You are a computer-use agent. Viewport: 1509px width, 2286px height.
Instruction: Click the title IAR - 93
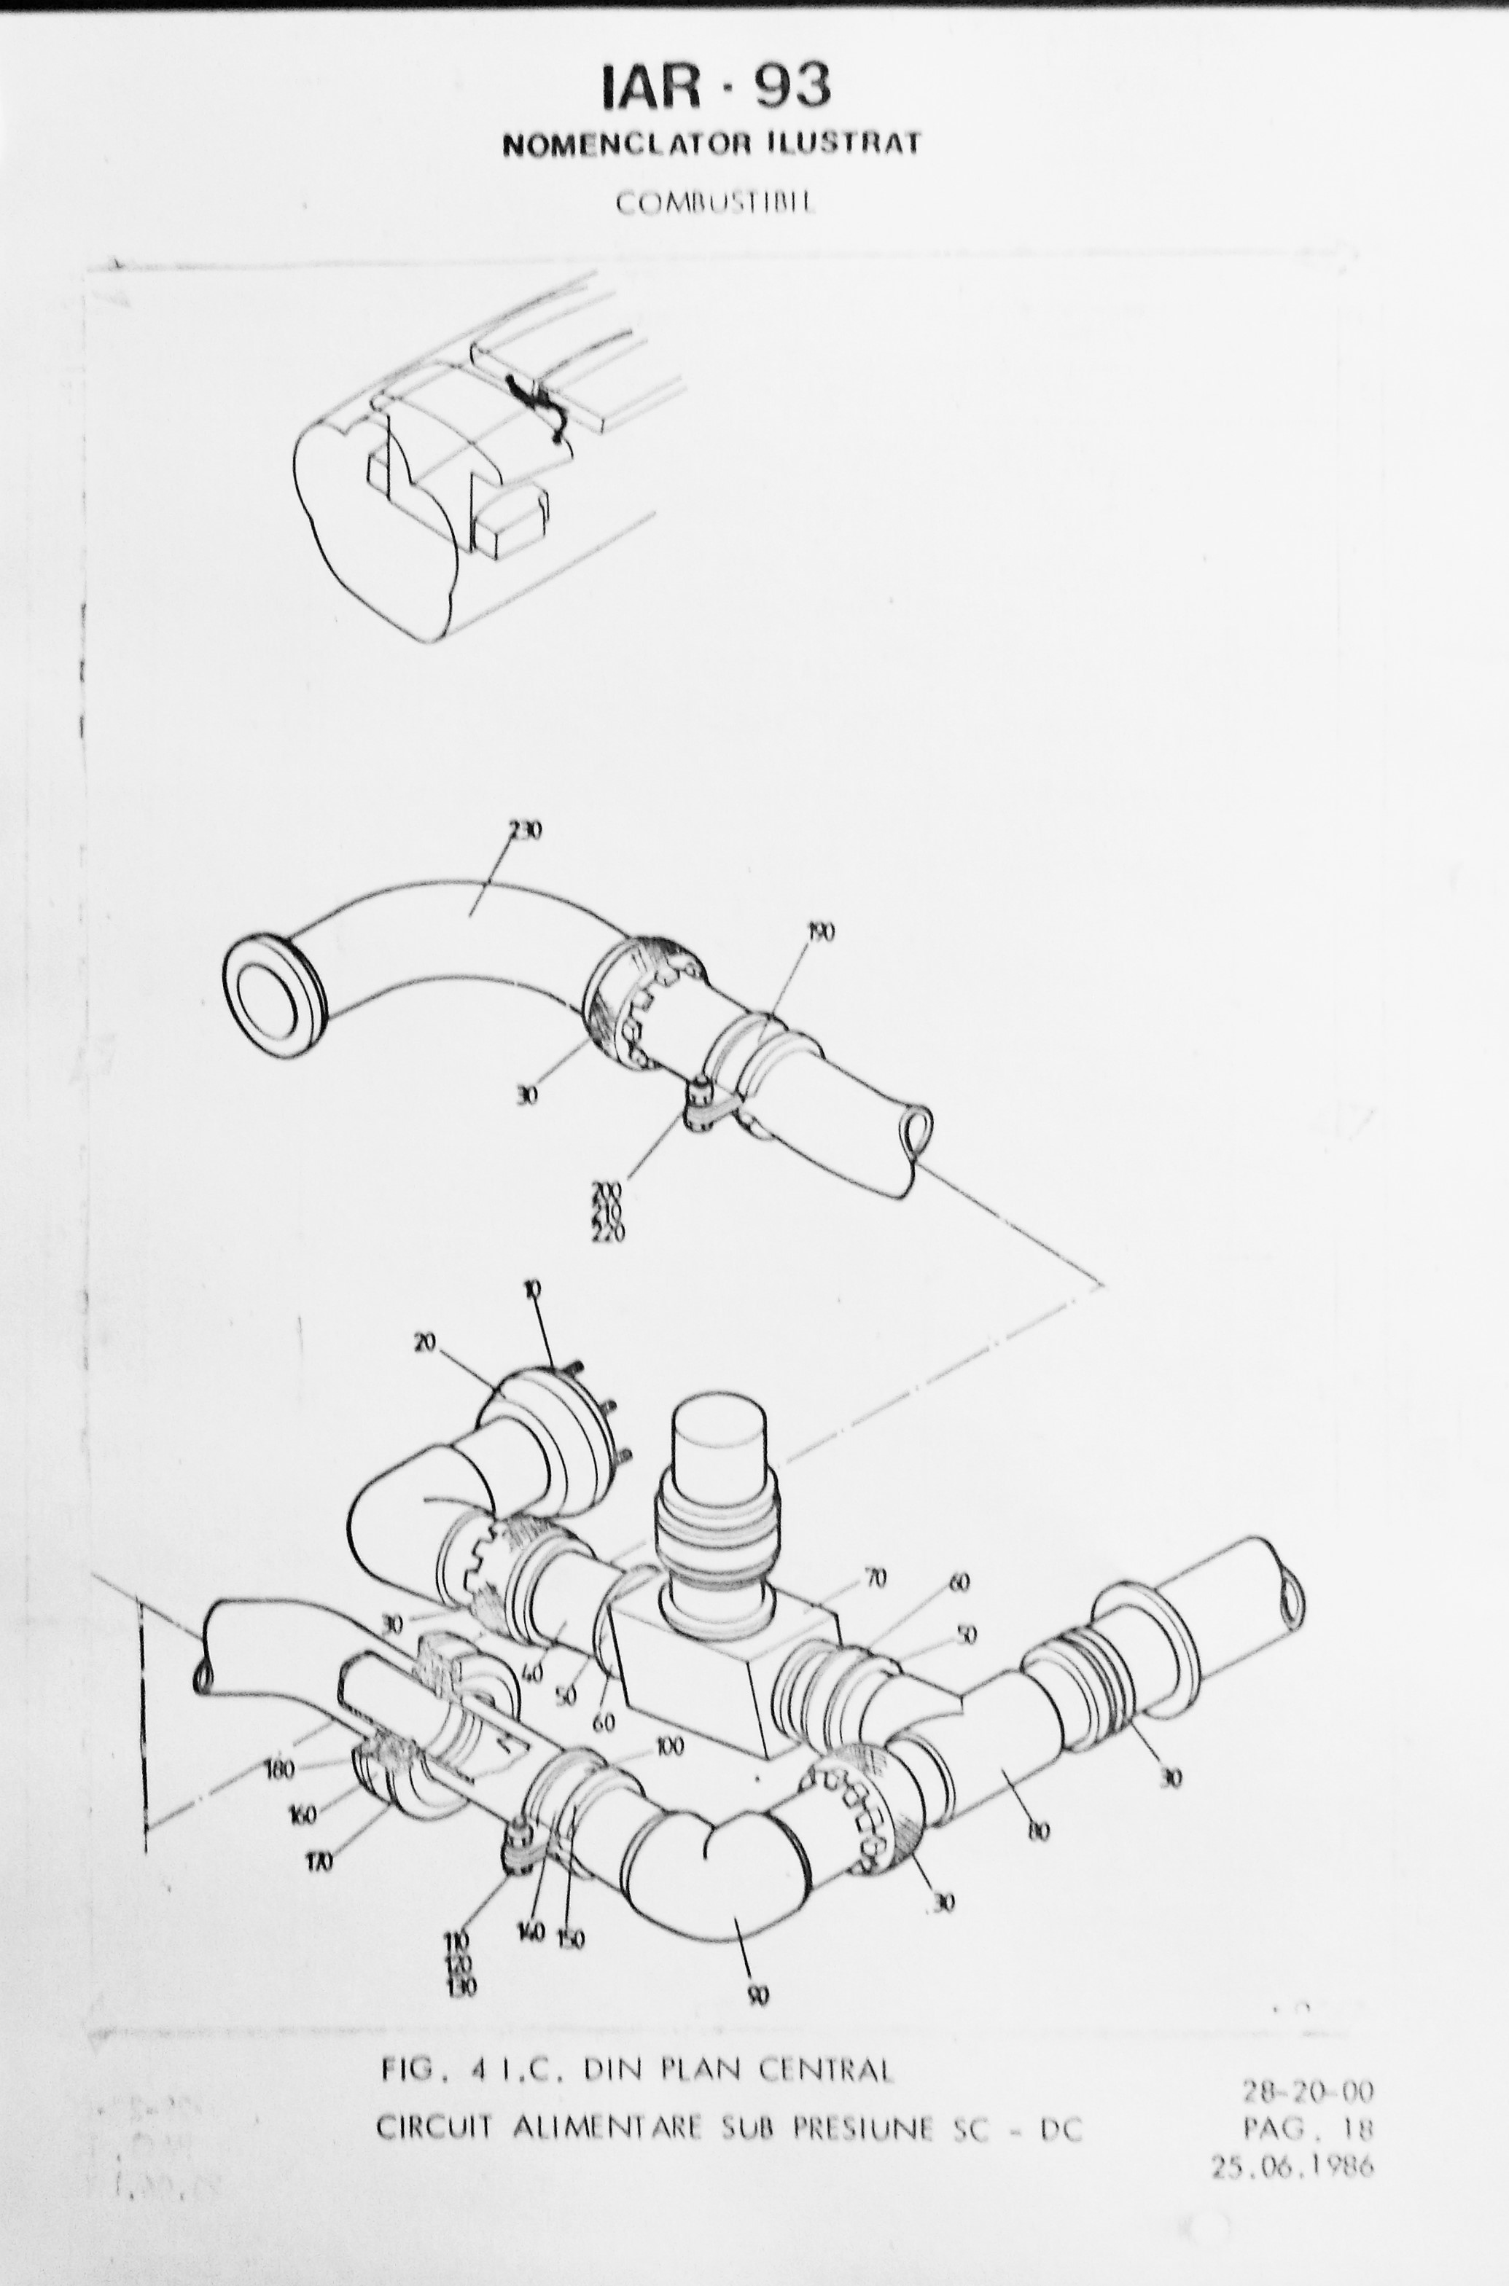716,87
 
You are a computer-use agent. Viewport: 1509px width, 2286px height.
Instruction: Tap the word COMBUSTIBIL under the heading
714,204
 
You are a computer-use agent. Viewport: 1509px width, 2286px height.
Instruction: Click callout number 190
821,931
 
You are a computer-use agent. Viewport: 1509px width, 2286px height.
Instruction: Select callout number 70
876,1578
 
